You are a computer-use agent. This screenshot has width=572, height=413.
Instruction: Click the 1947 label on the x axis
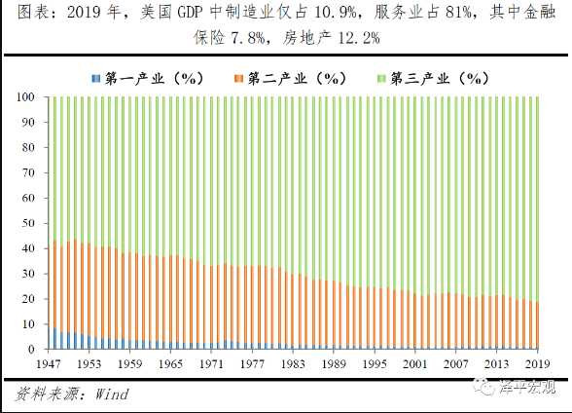51,362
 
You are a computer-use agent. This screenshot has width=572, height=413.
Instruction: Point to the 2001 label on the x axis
417,362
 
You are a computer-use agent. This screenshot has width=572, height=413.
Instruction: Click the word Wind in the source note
111,394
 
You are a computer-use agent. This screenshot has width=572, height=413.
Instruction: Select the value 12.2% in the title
353,38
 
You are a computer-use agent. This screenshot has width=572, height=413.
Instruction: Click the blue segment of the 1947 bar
51,338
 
